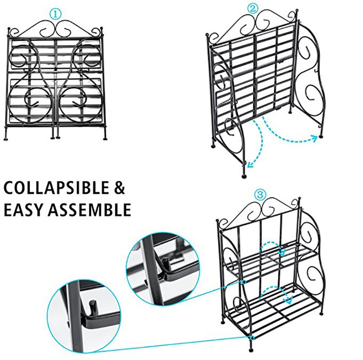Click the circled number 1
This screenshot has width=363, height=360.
pos(55,14)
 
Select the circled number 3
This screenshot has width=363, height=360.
pos(260,195)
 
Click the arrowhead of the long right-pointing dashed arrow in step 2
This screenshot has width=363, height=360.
pos(315,136)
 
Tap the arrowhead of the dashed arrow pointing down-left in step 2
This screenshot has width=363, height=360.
pos(249,164)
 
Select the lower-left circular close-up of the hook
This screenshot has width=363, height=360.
pos(87,315)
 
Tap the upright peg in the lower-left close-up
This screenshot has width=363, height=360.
pos(92,305)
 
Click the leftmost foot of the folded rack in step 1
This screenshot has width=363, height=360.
pos(5,137)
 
